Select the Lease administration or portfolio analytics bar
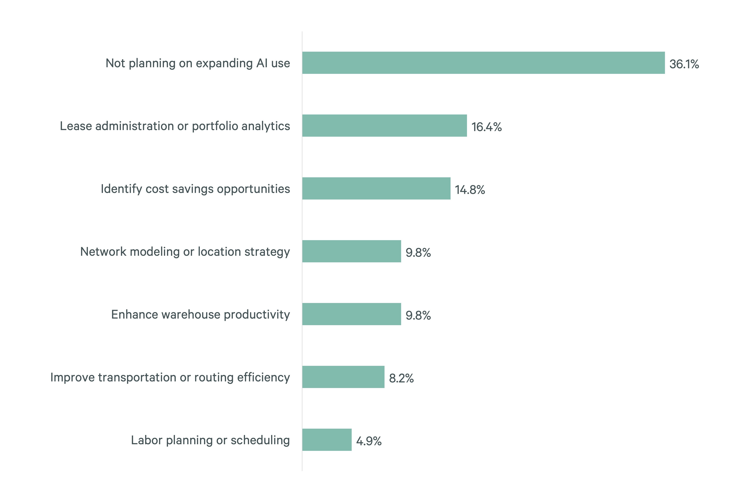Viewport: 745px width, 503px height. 384,126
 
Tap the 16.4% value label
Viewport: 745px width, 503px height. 486,127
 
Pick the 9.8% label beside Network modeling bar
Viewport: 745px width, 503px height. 418,253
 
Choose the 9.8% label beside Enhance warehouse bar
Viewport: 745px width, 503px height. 418,316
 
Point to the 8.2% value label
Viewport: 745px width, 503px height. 401,378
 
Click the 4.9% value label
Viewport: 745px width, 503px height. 369,441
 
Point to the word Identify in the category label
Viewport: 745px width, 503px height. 121,189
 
